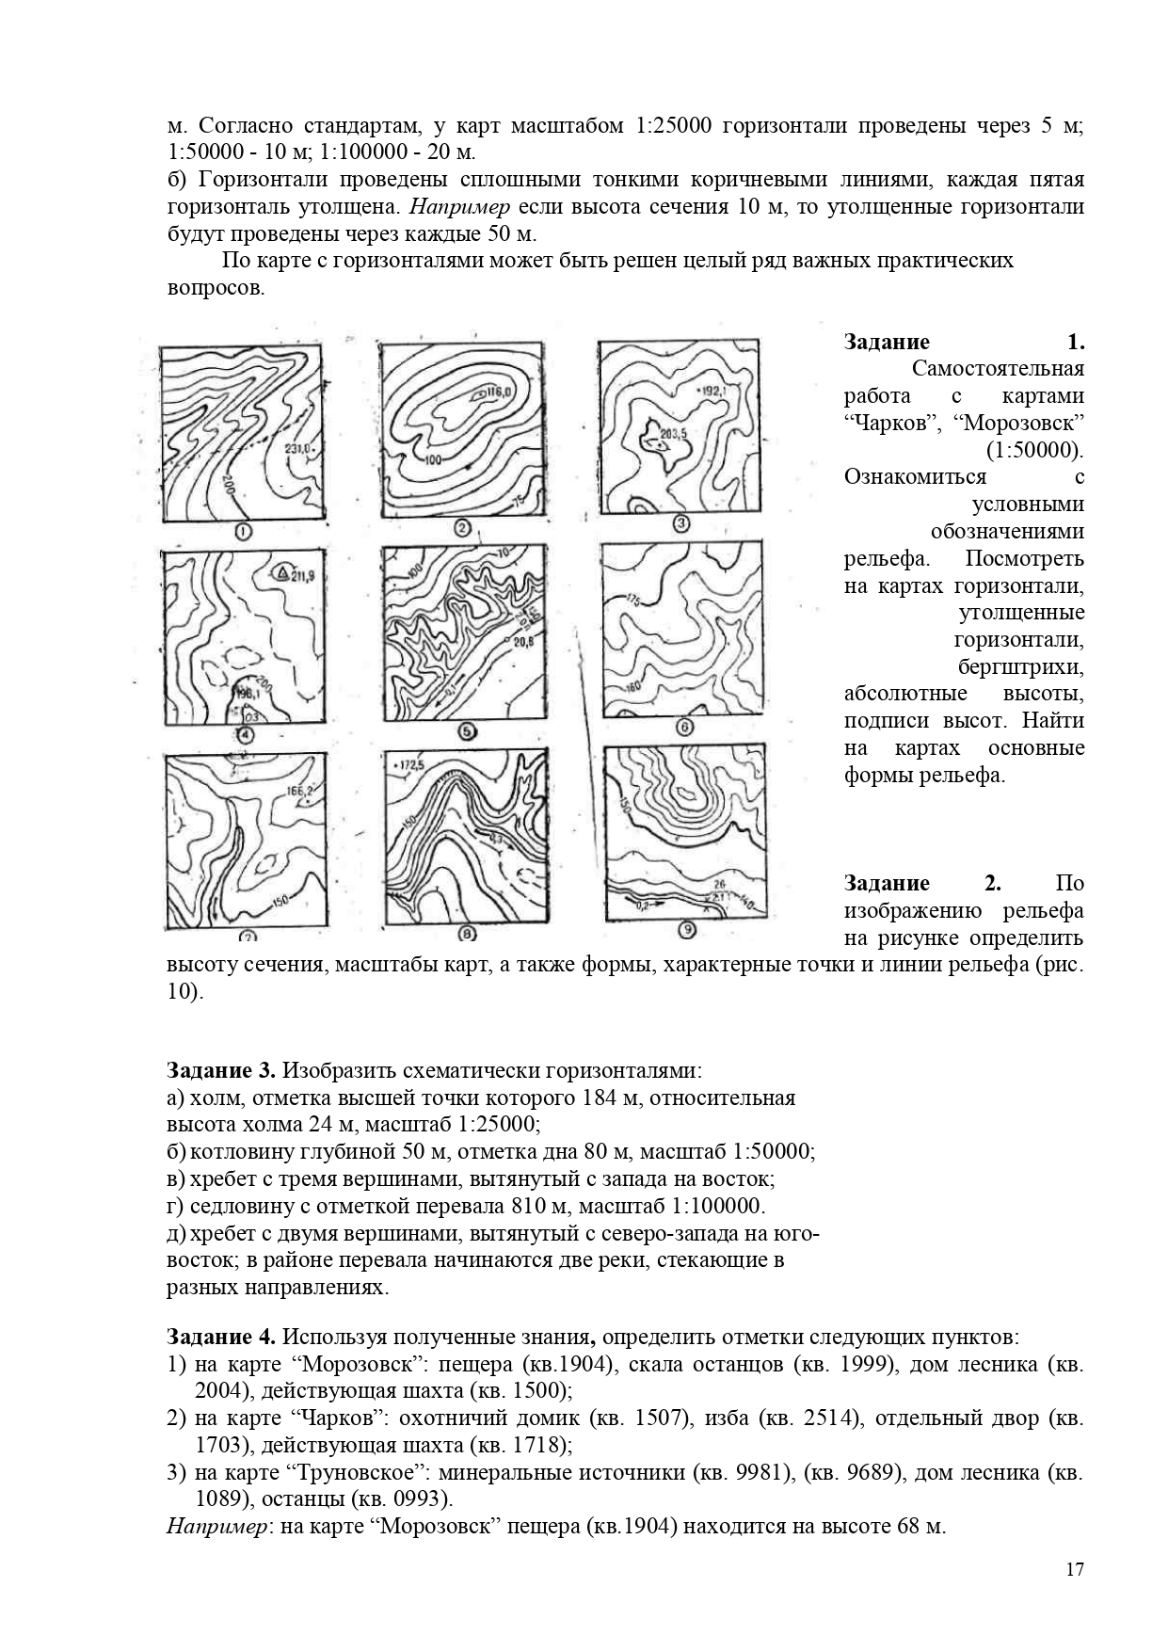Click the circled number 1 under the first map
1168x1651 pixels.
pyautogui.click(x=243, y=532)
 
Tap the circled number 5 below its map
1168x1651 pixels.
pyautogui.click(x=466, y=731)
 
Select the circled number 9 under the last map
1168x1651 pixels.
pyautogui.click(x=687, y=930)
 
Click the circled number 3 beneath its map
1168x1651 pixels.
pyautogui.click(x=682, y=524)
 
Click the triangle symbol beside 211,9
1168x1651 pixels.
pyautogui.click(x=282, y=571)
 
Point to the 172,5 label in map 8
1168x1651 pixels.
pyautogui.click(x=409, y=763)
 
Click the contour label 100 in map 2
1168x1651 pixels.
pyautogui.click(x=433, y=459)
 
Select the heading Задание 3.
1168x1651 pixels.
pyautogui.click(x=221, y=1070)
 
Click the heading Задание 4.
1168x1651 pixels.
pyautogui.click(x=221, y=1337)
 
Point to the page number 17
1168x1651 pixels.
pyautogui.click(x=1075, y=1569)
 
